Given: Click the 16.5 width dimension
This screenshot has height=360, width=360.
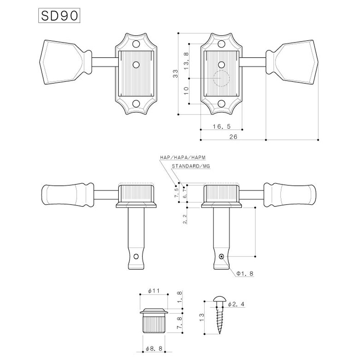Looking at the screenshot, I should coord(221,126).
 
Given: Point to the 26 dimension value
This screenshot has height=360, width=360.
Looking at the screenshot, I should coord(233,137).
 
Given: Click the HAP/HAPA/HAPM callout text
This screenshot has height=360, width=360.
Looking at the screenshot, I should coord(183,158).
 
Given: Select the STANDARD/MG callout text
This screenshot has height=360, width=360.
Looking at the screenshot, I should coord(190,167).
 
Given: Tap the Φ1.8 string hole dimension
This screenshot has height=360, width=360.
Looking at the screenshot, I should coord(245,274).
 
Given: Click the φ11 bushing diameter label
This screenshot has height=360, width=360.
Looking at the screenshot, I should coord(154,291).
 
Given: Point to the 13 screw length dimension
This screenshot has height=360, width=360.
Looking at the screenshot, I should coord(202,317).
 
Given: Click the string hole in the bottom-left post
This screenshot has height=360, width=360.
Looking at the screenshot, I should coord(136,257).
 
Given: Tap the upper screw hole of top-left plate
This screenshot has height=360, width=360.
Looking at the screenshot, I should coord(136,45).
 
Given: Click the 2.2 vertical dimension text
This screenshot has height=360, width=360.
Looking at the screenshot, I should coord(185,219).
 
